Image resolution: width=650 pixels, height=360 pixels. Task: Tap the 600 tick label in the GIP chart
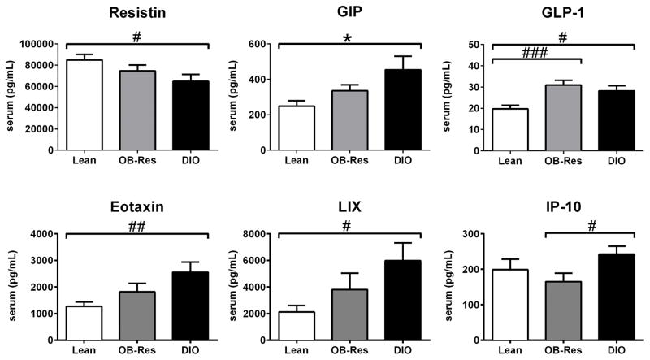(x=262, y=44)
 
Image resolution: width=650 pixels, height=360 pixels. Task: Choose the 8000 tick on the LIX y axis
(x=258, y=234)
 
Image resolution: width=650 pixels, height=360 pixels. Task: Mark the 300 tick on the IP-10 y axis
(x=473, y=234)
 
